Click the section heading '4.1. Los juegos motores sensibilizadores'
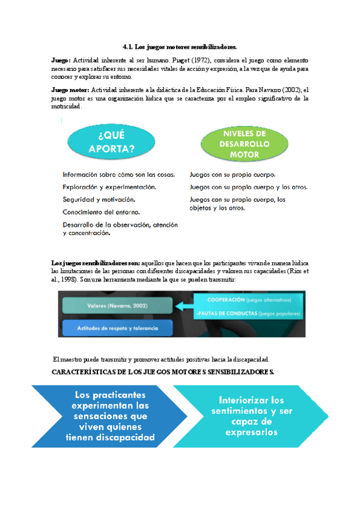180,46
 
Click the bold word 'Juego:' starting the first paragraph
61,61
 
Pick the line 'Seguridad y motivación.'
99,199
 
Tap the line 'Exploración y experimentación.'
110,186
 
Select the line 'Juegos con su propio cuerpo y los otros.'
248,187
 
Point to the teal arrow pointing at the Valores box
182,307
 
